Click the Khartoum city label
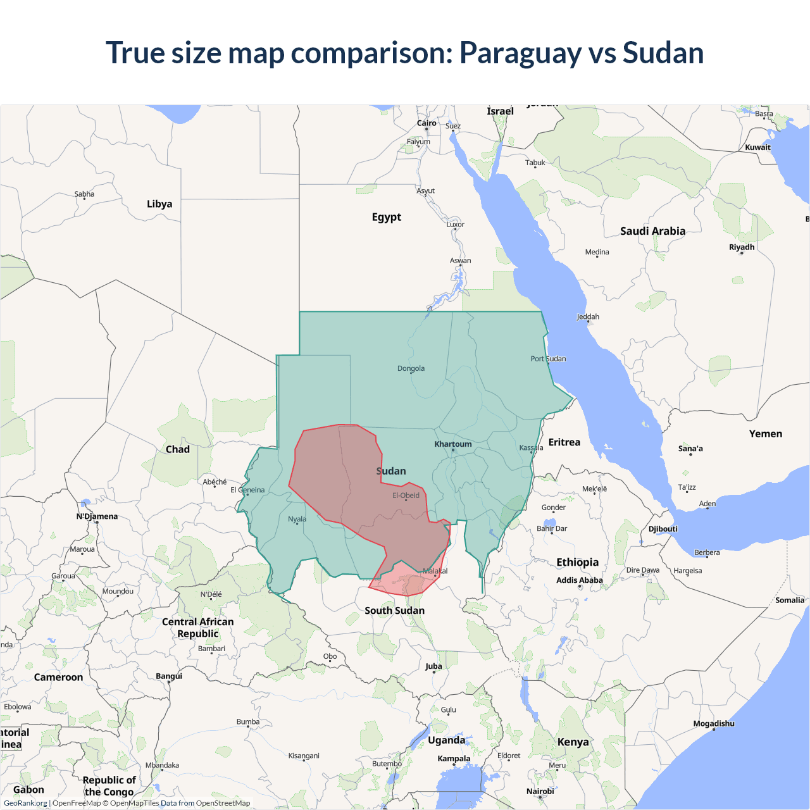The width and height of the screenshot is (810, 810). pos(453,444)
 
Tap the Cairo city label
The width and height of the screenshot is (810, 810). pos(427,123)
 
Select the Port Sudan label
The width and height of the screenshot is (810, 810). pos(548,359)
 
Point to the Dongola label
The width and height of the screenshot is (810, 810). pos(411,368)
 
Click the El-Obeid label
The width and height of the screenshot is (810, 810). pos(406,495)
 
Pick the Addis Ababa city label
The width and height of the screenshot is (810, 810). pos(580,580)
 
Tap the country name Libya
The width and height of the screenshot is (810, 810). pos(159,204)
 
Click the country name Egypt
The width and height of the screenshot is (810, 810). pos(387,217)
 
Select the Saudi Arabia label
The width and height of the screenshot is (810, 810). pos(652,231)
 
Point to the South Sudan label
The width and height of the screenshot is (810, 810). pos(394,611)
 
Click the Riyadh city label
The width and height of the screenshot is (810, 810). pos(742,247)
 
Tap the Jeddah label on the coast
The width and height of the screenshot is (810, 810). pos(588,316)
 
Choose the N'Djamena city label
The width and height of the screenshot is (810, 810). pos(97,516)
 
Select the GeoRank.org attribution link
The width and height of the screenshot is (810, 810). pos(25,803)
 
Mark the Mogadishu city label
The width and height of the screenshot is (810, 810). pos(714,723)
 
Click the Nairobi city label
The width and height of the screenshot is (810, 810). pos(540,791)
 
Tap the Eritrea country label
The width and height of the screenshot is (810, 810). pos(564,442)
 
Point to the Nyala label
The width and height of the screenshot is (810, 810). pos(297,519)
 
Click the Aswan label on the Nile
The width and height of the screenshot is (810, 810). pos(460,260)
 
